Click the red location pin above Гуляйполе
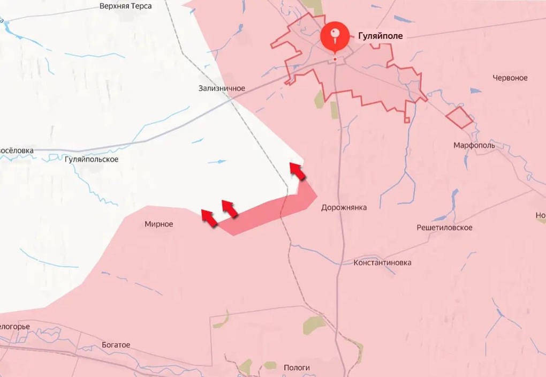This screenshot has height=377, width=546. (x=335, y=36)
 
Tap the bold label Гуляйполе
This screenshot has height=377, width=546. (x=377, y=36)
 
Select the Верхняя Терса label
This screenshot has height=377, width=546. (x=126, y=6)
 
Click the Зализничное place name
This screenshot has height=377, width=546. (x=221, y=88)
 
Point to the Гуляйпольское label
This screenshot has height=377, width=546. (x=91, y=159)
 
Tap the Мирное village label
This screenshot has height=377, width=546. (x=159, y=224)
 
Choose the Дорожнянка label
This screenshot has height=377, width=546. (x=344, y=207)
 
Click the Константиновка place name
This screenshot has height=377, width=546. (x=382, y=263)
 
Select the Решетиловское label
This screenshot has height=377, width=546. (x=444, y=228)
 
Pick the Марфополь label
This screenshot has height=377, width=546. (x=474, y=145)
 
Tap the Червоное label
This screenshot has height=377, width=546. (x=510, y=78)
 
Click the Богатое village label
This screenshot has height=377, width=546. (x=116, y=345)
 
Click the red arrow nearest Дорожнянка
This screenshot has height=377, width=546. (x=298, y=171)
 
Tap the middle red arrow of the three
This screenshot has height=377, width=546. (x=230, y=208)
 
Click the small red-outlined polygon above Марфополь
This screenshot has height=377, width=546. (x=459, y=117)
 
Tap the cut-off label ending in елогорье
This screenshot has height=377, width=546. (x=14, y=327)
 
